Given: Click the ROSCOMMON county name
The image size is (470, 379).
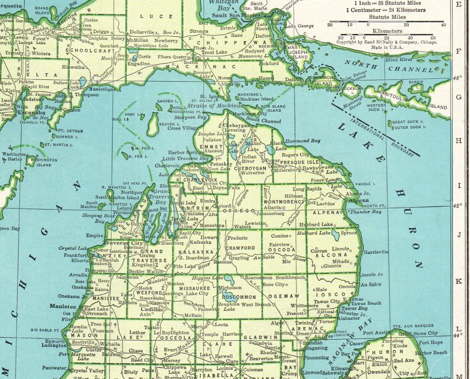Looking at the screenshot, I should point(239,297).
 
